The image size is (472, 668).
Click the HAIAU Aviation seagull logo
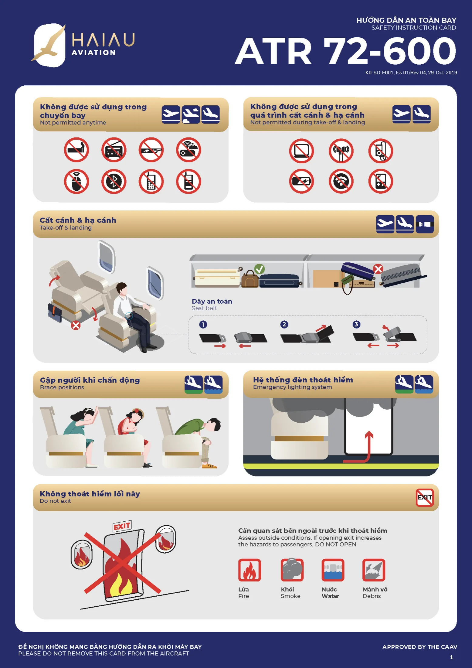click(x=49, y=45)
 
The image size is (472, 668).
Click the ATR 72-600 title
click(x=346, y=51)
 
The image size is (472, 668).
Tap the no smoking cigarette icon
click(x=76, y=150)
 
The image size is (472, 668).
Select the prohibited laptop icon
click(x=301, y=151)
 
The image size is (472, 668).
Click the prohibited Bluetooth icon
click(x=114, y=182)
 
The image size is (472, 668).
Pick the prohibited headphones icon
click(x=341, y=151)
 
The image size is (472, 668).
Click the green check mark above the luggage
click(x=260, y=269)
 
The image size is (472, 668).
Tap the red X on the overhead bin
click(x=378, y=269)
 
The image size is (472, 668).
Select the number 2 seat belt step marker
click(x=284, y=324)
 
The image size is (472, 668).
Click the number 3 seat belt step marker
click(x=356, y=324)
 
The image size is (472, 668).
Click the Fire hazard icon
click(x=250, y=570)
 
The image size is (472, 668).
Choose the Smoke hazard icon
click(x=292, y=570)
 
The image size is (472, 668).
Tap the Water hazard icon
click(x=333, y=570)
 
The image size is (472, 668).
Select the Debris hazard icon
click(x=374, y=570)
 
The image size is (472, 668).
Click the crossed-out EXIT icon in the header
click(x=425, y=497)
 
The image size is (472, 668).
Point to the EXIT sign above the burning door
click(x=122, y=526)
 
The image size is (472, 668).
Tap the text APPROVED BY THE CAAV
click(x=420, y=647)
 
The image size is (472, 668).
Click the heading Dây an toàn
click(x=212, y=301)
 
